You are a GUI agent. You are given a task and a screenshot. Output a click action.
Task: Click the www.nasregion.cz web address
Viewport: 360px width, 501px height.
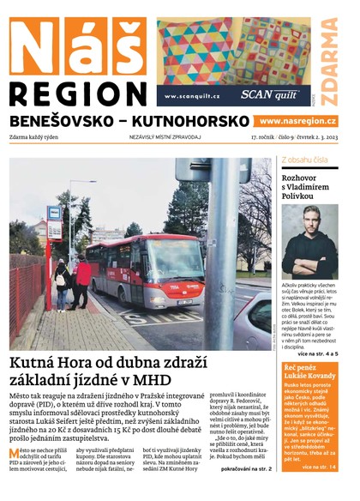[x=297, y=122]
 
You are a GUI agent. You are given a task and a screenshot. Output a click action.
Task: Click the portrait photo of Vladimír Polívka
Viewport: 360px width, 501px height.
[x=309, y=241]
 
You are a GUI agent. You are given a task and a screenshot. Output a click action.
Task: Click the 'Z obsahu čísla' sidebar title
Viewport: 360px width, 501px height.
[x=304, y=160]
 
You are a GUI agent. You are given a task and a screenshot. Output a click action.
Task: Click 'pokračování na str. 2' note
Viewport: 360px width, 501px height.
[x=246, y=469]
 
